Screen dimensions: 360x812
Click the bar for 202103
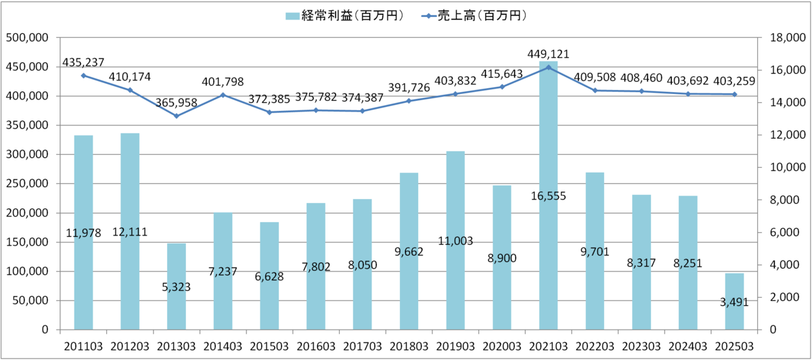(x=548, y=203)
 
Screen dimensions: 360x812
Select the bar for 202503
(x=734, y=301)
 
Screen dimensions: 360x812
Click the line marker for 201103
(x=84, y=75)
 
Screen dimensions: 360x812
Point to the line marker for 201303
(x=177, y=116)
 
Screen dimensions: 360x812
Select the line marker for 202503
(x=734, y=95)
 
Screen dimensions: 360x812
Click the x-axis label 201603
(x=316, y=347)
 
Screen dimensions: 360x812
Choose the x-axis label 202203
(x=595, y=347)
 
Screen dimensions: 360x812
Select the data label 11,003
(x=455, y=241)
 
